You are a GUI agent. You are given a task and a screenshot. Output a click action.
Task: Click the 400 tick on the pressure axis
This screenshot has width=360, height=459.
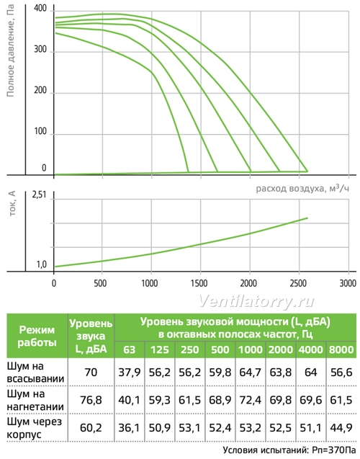[40, 8]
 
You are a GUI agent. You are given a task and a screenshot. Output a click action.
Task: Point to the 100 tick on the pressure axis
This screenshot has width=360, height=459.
[40, 131]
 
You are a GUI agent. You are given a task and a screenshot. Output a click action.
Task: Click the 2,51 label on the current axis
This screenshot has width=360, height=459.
[39, 195]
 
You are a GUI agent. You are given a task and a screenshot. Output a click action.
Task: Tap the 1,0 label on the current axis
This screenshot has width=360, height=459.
[42, 264]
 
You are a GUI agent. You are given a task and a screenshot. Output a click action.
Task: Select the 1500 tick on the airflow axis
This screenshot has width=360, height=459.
[199, 283]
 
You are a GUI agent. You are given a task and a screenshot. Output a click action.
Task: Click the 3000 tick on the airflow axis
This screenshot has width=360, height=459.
[348, 283]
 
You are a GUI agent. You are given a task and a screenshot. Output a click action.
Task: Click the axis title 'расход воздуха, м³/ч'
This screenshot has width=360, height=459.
[302, 188]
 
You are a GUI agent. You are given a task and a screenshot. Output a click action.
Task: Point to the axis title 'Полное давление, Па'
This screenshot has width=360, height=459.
[11, 50]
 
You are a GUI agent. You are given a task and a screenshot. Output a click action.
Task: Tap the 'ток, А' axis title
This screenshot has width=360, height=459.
[12, 204]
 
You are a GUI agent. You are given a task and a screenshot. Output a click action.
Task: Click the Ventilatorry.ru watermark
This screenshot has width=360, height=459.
[256, 301]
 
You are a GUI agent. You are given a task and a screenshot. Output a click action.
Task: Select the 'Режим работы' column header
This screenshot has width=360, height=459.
[37, 336]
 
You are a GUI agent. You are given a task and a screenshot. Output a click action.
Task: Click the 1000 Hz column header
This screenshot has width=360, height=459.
[251, 349]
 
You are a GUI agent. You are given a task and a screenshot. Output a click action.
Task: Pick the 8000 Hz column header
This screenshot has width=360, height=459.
[341, 349]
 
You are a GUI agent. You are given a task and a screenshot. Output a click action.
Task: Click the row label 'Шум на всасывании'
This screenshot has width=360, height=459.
[35, 373]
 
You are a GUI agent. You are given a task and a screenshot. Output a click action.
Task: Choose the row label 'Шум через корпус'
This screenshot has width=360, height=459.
[35, 428]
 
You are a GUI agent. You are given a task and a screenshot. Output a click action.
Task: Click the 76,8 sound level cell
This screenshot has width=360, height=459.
[91, 400]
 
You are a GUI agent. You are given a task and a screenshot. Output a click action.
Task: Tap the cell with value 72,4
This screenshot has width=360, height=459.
[251, 400]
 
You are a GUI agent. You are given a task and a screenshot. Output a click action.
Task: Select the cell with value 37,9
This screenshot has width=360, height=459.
[130, 373]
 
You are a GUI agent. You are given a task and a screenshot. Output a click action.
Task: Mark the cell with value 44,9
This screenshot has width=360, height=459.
[341, 428]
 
